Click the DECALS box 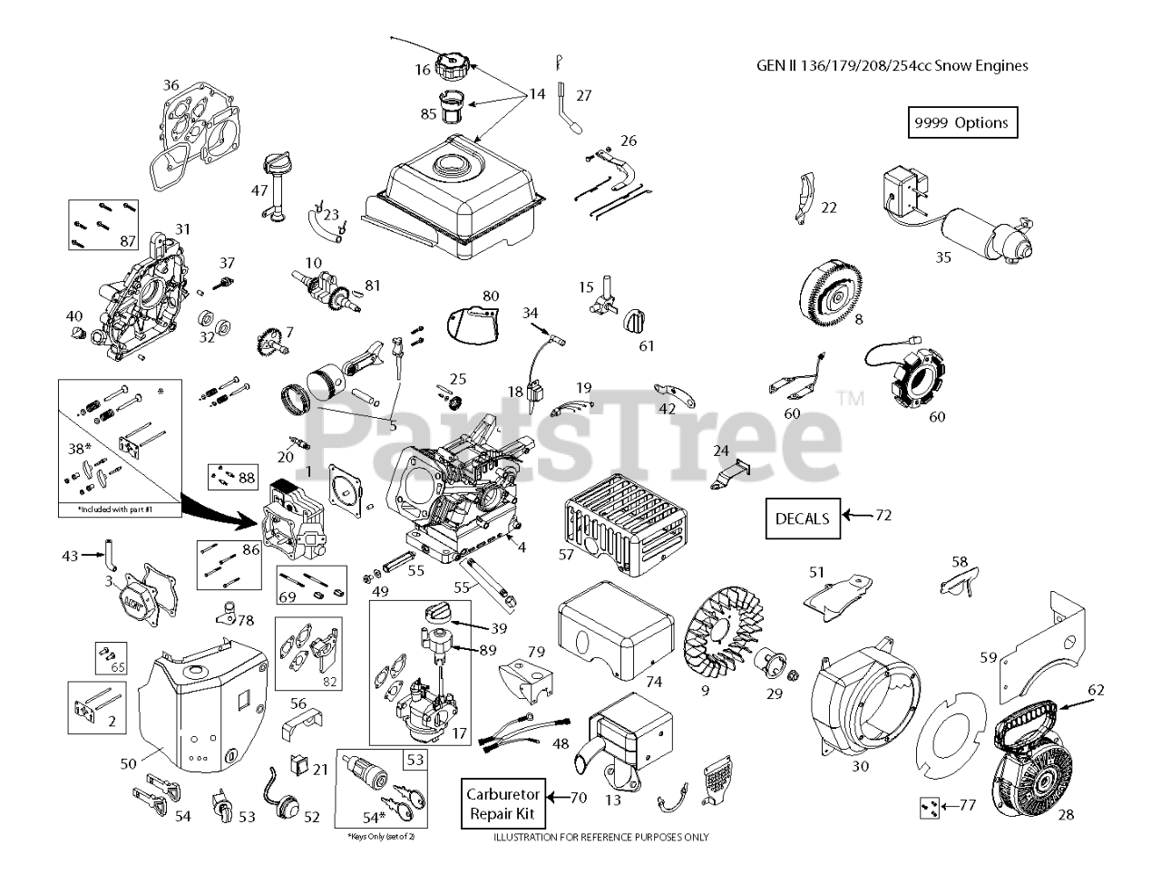(x=802, y=519)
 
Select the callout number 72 (x=883, y=516)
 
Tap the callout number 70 (x=579, y=799)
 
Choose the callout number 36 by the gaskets (x=171, y=85)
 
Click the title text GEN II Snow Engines (x=892, y=65)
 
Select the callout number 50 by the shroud (x=129, y=764)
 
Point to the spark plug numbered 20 (x=297, y=442)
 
